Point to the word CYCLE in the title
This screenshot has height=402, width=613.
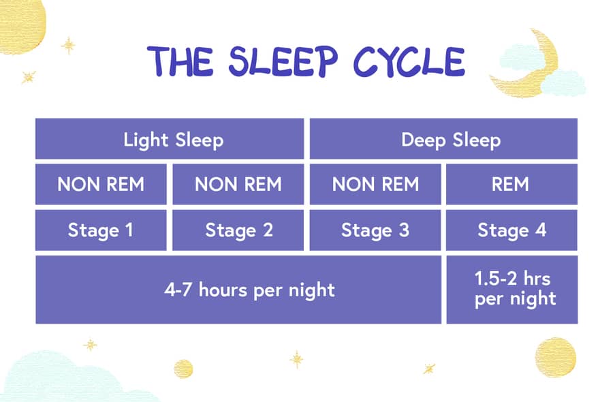[409, 63]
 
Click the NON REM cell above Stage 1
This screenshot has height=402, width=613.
[101, 184]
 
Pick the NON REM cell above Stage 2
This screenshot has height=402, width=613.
[238, 184]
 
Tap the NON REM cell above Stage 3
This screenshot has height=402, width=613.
[375, 184]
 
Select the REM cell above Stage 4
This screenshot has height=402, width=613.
[512, 184]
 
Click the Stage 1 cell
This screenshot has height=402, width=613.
[101, 230]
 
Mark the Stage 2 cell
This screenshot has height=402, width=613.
[238, 230]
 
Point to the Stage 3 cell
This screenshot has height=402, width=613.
[375, 230]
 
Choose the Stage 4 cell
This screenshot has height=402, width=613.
[512, 230]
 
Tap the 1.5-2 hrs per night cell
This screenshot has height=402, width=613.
[512, 290]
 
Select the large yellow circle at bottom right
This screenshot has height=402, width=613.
[555, 357]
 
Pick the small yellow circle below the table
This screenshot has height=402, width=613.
[183, 369]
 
